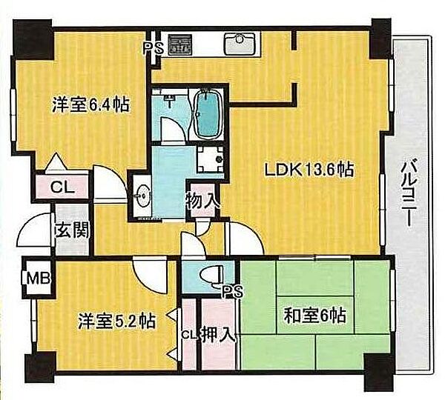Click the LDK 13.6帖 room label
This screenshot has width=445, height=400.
click(x=309, y=170)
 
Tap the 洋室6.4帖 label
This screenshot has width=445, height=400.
click(x=90, y=105)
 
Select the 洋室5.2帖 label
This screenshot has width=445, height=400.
click(x=116, y=321)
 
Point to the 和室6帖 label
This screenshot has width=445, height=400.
click(x=315, y=316)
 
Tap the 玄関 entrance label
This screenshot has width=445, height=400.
click(x=73, y=230)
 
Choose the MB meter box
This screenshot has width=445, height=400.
click(x=39, y=279)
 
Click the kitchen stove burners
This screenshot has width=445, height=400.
click(x=180, y=44)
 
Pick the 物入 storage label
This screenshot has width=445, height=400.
click(x=203, y=201)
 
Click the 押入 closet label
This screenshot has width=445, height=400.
click(x=219, y=335)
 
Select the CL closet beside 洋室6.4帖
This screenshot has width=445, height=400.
click(x=62, y=187)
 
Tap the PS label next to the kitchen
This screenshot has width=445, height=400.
click(x=153, y=48)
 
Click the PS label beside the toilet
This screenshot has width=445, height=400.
click(x=233, y=291)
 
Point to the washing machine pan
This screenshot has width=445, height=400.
click(x=211, y=159)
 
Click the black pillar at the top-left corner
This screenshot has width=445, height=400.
click(x=33, y=39)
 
